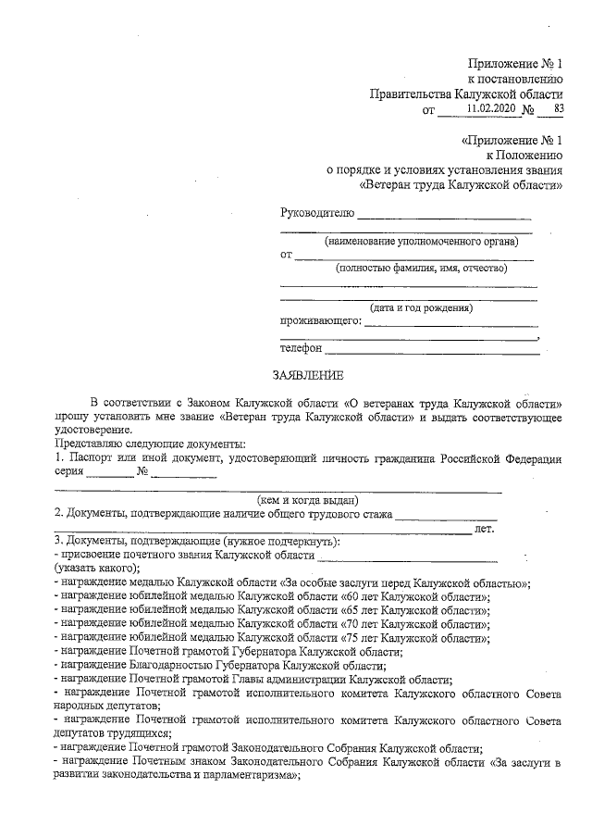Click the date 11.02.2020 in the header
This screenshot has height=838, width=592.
click(490, 109)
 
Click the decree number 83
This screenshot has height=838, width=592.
click(557, 109)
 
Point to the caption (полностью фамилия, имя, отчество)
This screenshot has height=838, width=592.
click(420, 269)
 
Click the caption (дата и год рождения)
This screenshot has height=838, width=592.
click(420, 308)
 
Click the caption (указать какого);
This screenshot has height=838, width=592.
click(97, 568)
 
